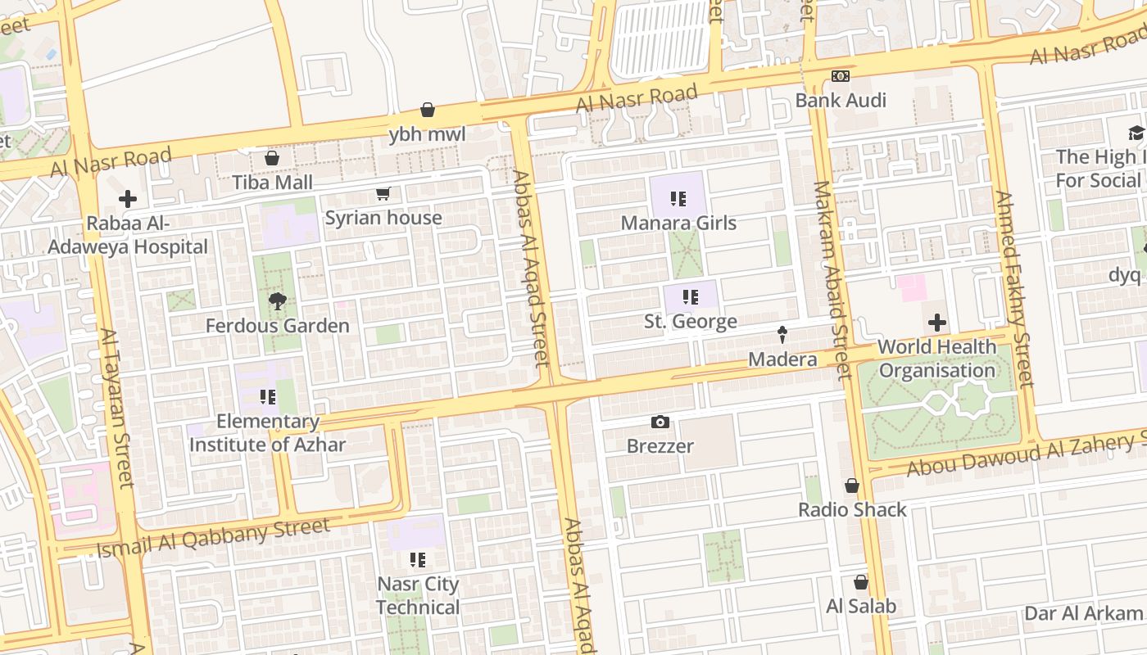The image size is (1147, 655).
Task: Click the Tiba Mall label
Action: [x=272, y=182]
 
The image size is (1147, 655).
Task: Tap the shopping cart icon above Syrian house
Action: [x=383, y=194]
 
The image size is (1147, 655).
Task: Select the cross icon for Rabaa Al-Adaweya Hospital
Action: [x=127, y=199]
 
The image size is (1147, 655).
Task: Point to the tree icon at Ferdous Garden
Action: [x=277, y=301]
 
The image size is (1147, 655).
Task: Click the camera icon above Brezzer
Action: [x=660, y=422]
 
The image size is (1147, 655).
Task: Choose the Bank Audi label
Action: [x=841, y=101]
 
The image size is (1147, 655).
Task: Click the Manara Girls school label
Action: [x=678, y=223]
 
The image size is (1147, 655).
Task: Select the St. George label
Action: [x=690, y=322]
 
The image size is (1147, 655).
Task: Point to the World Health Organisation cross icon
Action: [x=936, y=323]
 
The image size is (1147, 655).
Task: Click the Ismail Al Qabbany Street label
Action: [x=213, y=537]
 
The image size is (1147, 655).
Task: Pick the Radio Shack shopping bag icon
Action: [x=852, y=486]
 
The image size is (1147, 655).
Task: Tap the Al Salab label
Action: [x=860, y=607]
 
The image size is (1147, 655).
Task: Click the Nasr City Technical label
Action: [x=418, y=596]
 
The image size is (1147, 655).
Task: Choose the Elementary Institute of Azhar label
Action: [x=267, y=433]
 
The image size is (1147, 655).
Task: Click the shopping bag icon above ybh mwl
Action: [x=428, y=110]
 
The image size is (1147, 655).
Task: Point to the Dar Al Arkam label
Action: [x=1083, y=613]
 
